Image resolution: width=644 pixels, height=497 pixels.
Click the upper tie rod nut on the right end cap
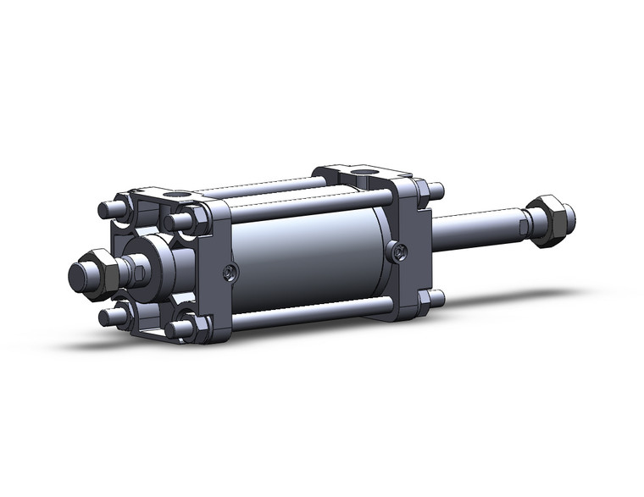click(435, 189)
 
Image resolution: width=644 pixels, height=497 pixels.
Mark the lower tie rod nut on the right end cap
click(436, 298)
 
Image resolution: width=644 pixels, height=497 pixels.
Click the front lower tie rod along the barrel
click(305, 312)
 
